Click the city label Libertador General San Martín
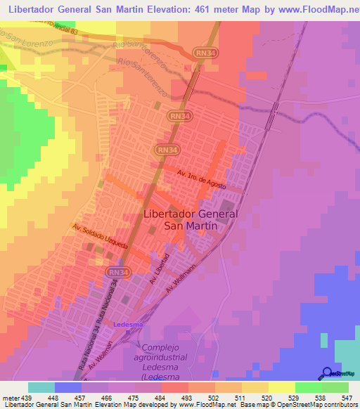(191, 220)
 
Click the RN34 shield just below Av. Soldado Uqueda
(117, 271)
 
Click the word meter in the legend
(11, 398)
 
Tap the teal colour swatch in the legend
(41, 387)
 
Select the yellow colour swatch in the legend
(281, 387)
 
